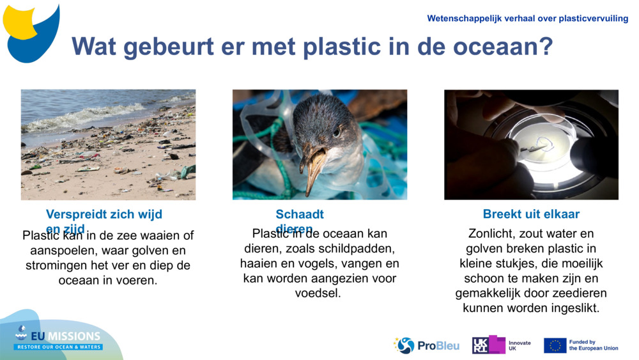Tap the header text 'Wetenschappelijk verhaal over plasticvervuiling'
(527, 19)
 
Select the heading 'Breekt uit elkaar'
(531, 214)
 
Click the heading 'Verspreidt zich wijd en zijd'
(104, 215)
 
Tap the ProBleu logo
(426, 345)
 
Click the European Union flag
(555, 345)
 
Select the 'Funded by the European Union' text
(594, 345)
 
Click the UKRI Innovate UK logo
(502, 345)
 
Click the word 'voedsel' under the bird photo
(318, 293)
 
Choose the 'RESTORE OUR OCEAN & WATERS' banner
(59, 347)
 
